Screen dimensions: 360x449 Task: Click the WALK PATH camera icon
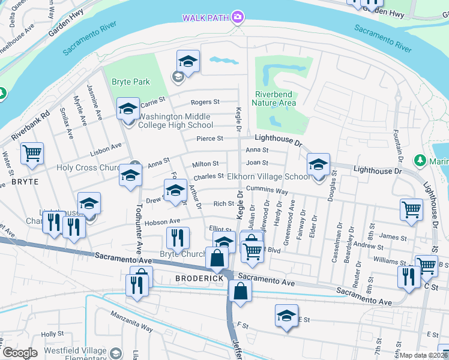pos(238,17)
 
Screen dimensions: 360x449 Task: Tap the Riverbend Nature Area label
pos(276,98)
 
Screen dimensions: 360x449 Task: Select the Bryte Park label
pos(130,82)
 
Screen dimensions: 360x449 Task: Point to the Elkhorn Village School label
pos(269,177)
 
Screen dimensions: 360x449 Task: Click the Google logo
pos(20,353)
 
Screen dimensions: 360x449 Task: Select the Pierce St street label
pos(210,139)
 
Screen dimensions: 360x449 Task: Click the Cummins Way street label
pos(267,191)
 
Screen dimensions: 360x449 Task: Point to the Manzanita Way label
pos(131,327)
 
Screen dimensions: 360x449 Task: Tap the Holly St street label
pos(53,334)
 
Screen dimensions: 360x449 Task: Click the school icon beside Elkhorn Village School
pos(318,164)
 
